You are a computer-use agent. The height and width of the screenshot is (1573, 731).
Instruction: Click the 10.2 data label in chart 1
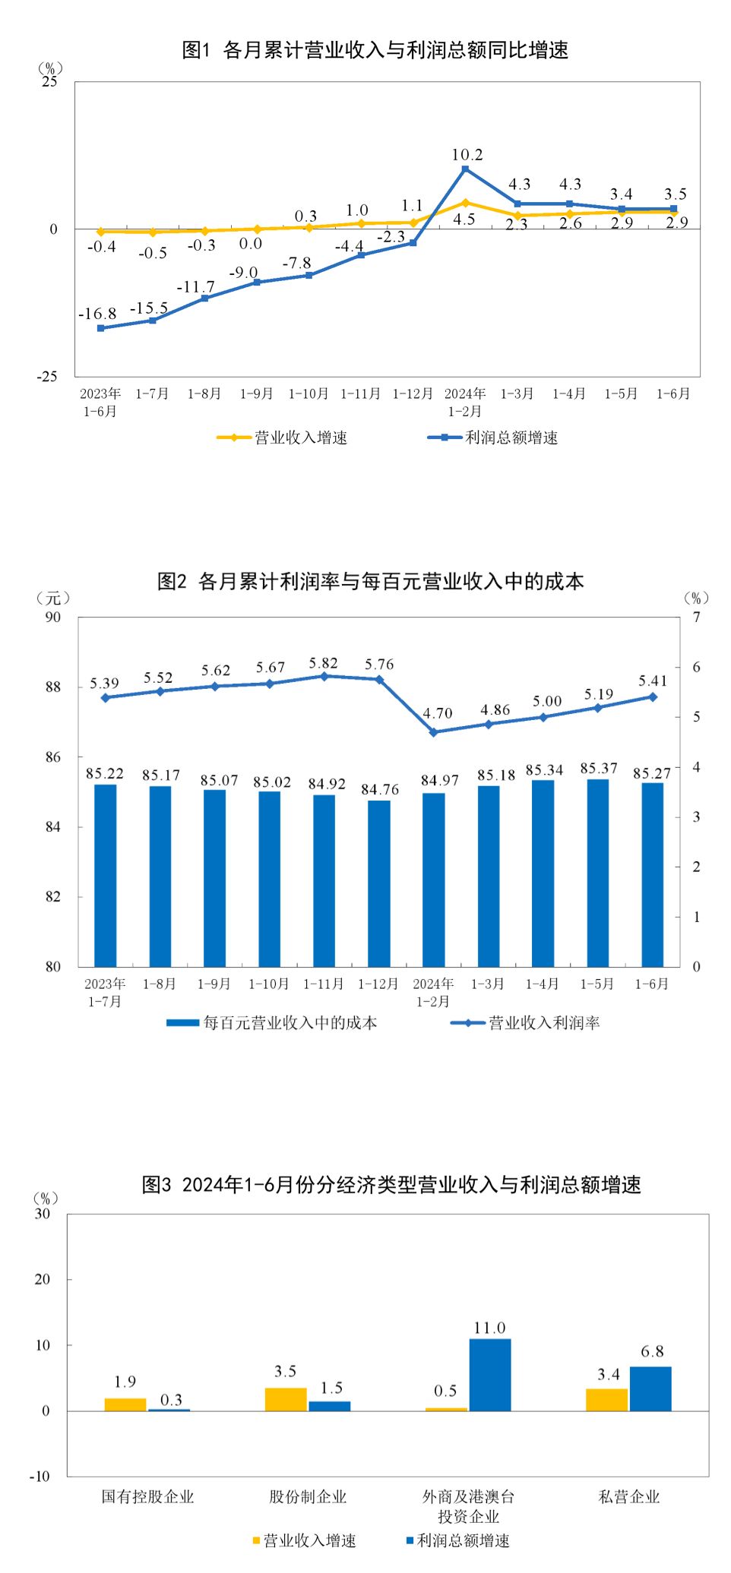pyautogui.click(x=467, y=155)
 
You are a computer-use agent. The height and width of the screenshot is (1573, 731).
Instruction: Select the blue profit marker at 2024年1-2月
pyautogui.click(x=465, y=169)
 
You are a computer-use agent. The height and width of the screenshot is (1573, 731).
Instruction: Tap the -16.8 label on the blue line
pyautogui.click(x=97, y=314)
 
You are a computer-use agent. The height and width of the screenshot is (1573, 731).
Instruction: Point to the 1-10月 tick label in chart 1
pyautogui.click(x=308, y=393)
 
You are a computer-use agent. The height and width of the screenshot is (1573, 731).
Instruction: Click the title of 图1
pyautogui.click(x=375, y=50)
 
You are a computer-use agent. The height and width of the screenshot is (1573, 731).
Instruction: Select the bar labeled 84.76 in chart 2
pyautogui.click(x=379, y=883)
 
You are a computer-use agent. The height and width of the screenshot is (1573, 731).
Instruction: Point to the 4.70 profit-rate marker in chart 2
pyautogui.click(x=434, y=732)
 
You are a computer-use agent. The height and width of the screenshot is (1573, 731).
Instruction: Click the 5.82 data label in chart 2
pyautogui.click(x=323, y=663)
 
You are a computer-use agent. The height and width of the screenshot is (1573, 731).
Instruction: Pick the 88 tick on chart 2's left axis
pyautogui.click(x=53, y=687)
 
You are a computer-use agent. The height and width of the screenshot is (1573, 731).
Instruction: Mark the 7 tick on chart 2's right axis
pyautogui.click(x=696, y=617)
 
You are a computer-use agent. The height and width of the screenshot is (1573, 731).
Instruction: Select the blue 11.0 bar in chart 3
pyautogui.click(x=490, y=1374)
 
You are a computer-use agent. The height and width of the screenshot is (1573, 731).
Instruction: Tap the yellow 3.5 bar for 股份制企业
pyautogui.click(x=286, y=1399)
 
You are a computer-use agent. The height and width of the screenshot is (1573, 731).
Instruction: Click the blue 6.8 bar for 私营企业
pyautogui.click(x=650, y=1388)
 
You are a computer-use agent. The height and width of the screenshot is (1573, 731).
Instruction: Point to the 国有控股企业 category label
pyautogui.click(x=148, y=1496)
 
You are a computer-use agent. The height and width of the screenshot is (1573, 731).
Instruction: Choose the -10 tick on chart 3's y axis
pyautogui.click(x=40, y=1476)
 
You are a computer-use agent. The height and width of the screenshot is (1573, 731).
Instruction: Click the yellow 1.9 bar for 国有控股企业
pyautogui.click(x=125, y=1404)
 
